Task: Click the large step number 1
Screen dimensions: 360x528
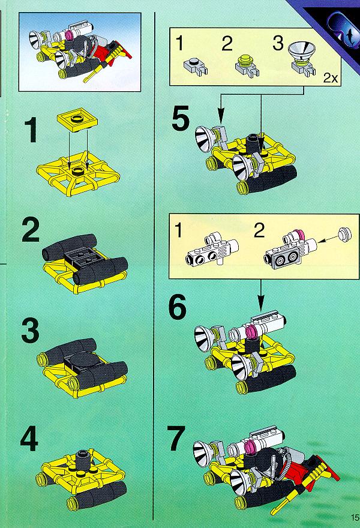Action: click(31, 131)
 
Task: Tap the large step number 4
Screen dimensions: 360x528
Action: click(29, 438)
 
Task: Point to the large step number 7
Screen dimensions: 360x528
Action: click(177, 438)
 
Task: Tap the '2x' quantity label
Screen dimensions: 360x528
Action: click(331, 78)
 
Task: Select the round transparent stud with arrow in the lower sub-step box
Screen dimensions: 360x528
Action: click(344, 233)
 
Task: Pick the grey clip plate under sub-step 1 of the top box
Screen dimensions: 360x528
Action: click(196, 67)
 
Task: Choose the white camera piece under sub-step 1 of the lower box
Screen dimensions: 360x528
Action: click(212, 248)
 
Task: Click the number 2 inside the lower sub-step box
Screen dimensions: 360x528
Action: click(259, 230)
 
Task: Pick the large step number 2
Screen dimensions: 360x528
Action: click(31, 230)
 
